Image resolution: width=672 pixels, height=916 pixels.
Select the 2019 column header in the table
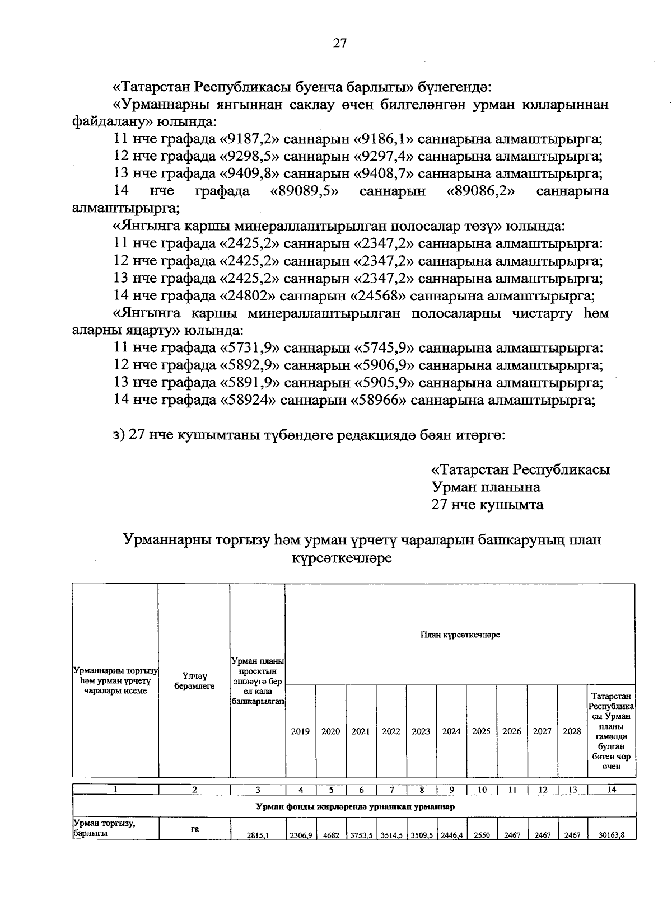point(301,731)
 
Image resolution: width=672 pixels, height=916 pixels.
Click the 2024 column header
point(451,731)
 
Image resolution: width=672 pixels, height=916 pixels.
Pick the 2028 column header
point(572,731)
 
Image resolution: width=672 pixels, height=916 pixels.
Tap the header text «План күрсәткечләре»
point(460,635)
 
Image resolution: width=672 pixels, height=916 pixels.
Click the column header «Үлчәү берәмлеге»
point(194,681)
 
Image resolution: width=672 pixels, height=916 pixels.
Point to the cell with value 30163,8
point(612,835)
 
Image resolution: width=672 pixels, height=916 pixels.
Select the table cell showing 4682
point(331,835)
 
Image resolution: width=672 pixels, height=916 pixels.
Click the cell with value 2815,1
point(258,835)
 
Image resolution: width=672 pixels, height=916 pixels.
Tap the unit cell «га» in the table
point(194,829)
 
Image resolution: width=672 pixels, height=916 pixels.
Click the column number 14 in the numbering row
point(612,790)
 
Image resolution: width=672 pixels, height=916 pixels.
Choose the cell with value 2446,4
point(451,835)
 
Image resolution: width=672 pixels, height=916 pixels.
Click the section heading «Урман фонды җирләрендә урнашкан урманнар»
point(354,806)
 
